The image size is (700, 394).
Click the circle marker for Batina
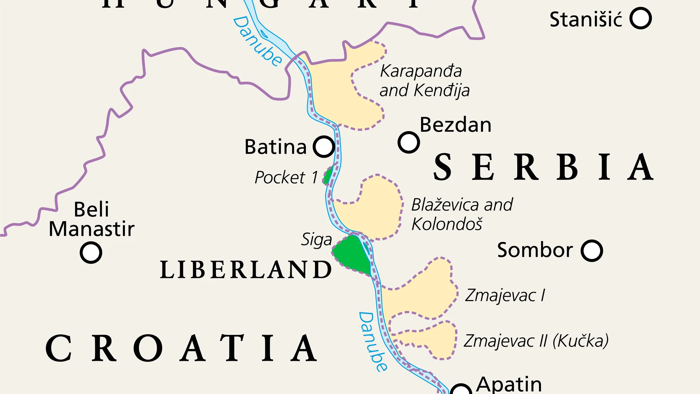(x=324, y=146)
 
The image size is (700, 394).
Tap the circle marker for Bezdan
(x=409, y=142)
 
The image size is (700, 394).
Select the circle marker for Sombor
(x=592, y=251)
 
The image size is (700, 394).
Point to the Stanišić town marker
(x=640, y=18)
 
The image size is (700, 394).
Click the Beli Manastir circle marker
(x=91, y=252)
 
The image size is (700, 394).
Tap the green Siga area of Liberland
(x=352, y=254)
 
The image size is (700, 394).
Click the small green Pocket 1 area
(x=328, y=175)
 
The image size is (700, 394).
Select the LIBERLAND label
(x=246, y=269)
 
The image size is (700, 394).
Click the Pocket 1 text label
(x=286, y=178)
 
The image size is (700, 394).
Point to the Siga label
(x=316, y=240)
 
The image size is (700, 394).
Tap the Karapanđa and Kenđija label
(x=424, y=81)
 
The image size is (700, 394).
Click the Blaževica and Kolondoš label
(x=462, y=214)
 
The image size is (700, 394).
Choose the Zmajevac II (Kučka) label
(x=536, y=341)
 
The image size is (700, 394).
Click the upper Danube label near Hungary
(x=258, y=41)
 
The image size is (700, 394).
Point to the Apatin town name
(x=509, y=385)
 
